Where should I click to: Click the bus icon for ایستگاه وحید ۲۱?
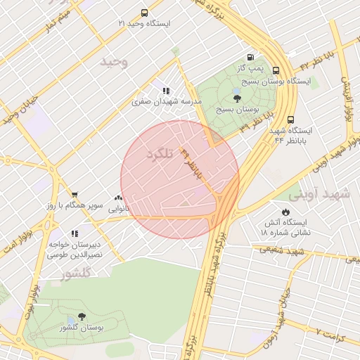click(x=144, y=13)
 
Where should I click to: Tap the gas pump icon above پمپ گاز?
click(x=251, y=57)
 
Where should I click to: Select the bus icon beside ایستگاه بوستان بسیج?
click(x=276, y=70)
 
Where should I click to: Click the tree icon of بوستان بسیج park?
click(x=237, y=99)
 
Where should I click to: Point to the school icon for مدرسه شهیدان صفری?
click(x=166, y=91)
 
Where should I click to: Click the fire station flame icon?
click(x=285, y=211)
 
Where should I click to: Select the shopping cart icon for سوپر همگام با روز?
click(x=74, y=195)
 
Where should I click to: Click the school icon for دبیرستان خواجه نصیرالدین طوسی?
click(x=74, y=234)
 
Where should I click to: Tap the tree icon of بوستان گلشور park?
click(x=82, y=317)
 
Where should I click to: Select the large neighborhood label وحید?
click(x=115, y=62)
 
